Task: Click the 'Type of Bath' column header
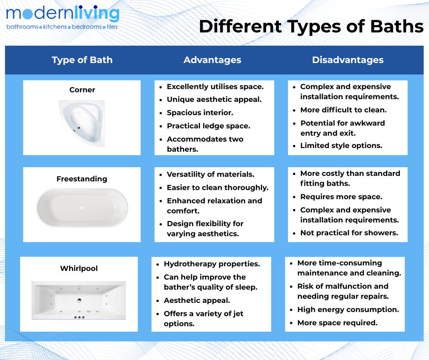click(82, 60)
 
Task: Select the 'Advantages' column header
click(212, 60)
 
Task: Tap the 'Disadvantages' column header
click(348, 60)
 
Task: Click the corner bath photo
click(82, 123)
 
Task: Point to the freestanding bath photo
click(82, 208)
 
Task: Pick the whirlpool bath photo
click(79, 300)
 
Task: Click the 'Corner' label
click(82, 90)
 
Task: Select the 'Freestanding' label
click(82, 179)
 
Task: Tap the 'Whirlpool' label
click(79, 268)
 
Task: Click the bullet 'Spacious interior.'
click(200, 112)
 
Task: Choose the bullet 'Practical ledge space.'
click(209, 126)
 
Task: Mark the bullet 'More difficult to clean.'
click(343, 110)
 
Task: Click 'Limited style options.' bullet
click(341, 145)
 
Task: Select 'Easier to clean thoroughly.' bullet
click(218, 188)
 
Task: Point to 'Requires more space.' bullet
click(341, 197)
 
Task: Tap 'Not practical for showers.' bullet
click(349, 233)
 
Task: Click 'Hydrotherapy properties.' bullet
click(212, 264)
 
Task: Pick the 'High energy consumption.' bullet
click(348, 310)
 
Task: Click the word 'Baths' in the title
click(397, 26)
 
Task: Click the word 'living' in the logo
click(97, 14)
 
